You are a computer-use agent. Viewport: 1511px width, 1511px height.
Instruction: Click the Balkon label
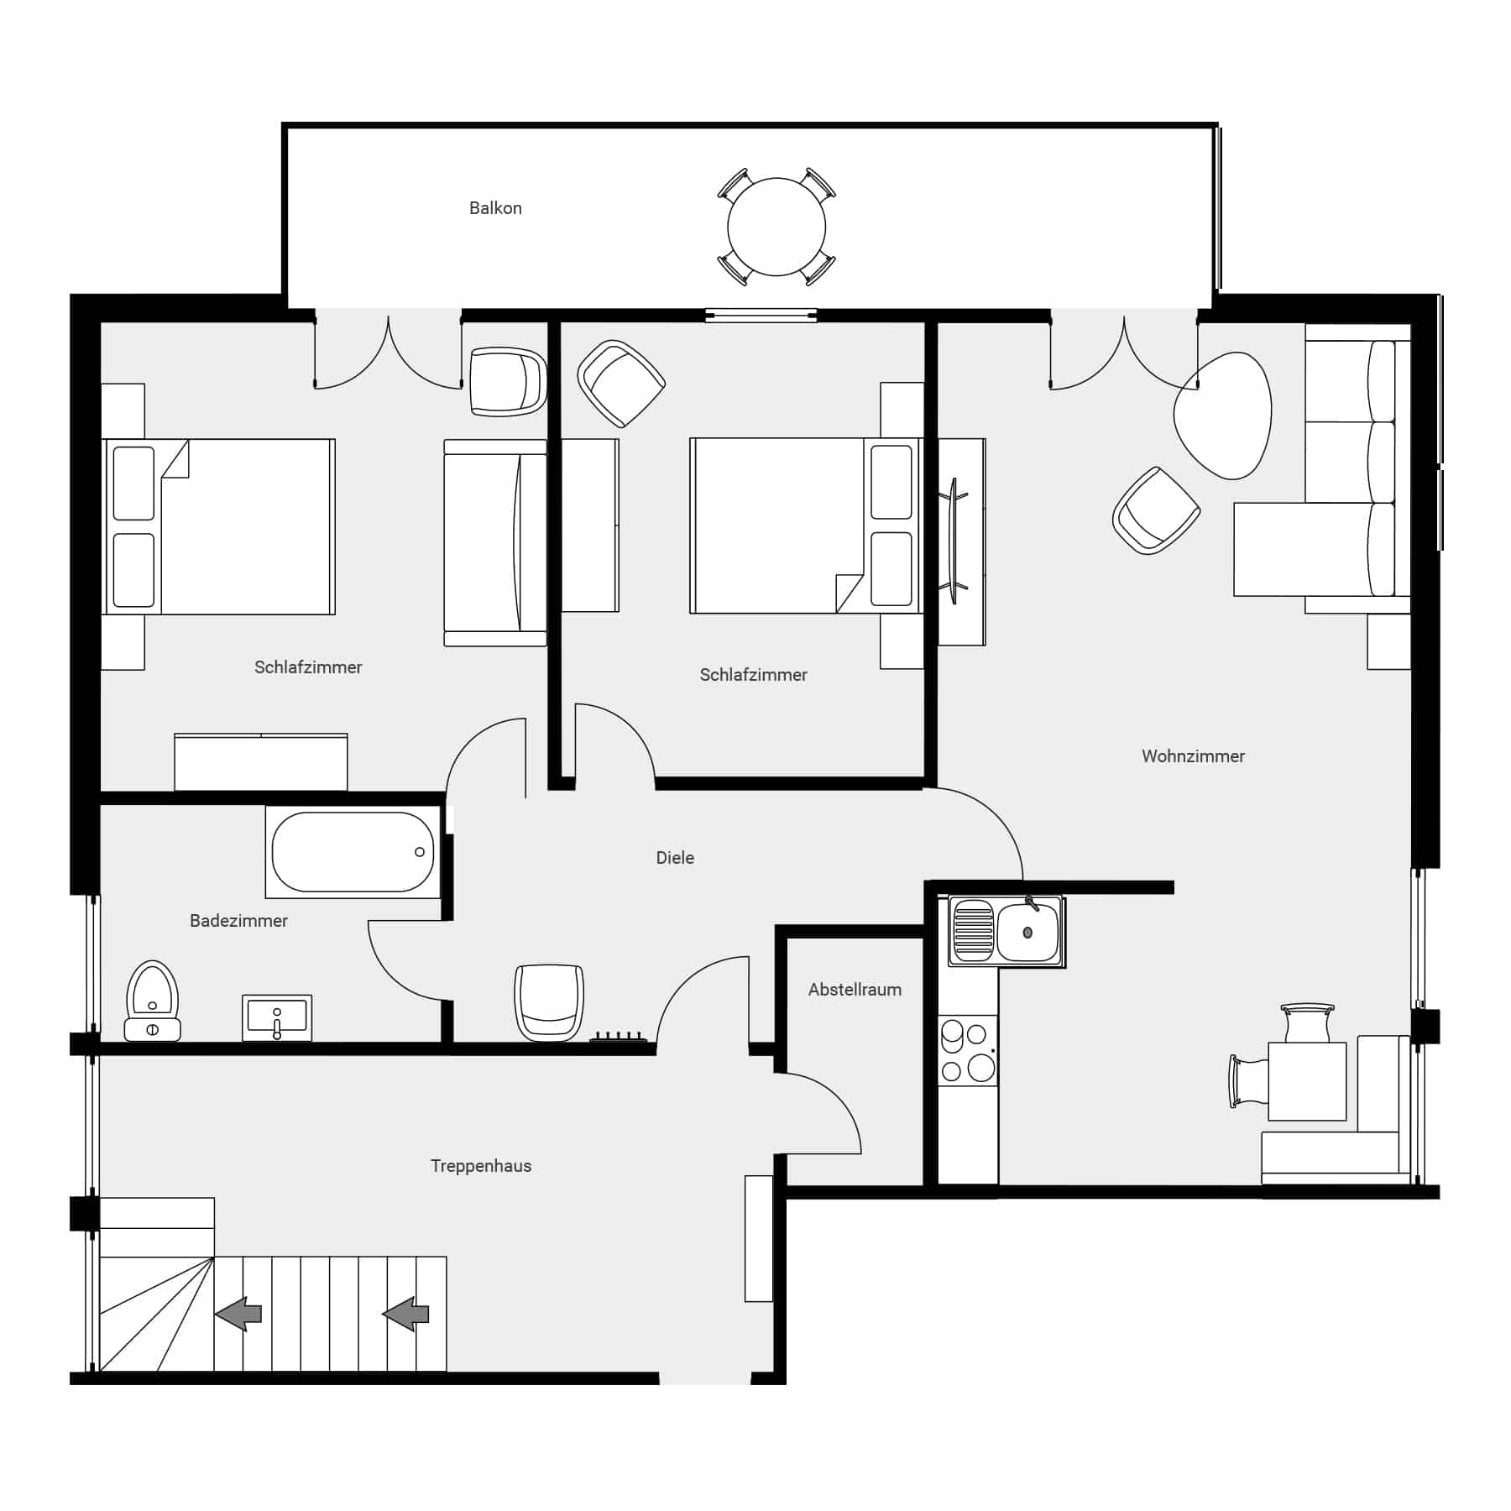495,208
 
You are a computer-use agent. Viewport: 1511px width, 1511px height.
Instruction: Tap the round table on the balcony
776,227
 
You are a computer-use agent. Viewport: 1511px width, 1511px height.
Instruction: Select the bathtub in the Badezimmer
353,852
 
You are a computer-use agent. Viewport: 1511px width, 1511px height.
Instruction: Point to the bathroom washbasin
277,1017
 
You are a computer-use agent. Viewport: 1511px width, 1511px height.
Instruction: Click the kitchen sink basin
1027,933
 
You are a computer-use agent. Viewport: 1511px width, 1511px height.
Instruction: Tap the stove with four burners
968,1050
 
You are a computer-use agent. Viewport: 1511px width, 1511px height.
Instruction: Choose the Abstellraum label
855,990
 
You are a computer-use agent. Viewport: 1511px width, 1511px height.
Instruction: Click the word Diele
675,858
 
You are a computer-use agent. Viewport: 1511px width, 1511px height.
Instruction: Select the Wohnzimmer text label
1193,756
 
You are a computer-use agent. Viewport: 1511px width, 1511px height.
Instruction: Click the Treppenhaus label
481,1166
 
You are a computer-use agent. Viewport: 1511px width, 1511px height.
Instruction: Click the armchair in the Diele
549,1001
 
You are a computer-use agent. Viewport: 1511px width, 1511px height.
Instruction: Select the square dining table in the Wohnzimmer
1307,1081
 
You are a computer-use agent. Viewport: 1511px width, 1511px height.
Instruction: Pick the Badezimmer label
238,921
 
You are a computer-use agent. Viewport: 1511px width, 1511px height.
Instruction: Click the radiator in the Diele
619,1038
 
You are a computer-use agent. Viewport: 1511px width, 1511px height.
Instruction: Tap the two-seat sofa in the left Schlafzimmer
494,542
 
